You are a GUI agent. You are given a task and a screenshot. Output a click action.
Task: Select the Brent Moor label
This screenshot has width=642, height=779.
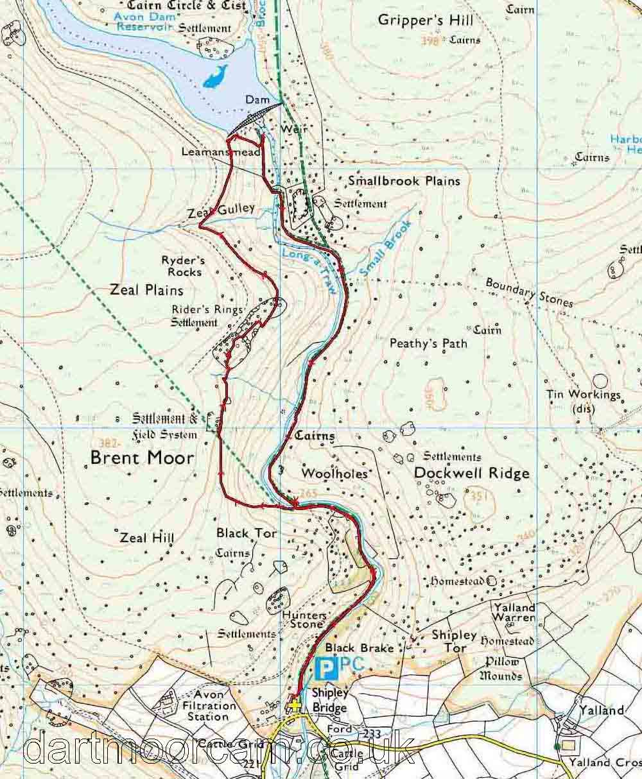pyautogui.click(x=141, y=458)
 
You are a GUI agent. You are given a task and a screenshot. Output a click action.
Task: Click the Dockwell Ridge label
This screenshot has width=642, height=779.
pyautogui.click(x=472, y=473)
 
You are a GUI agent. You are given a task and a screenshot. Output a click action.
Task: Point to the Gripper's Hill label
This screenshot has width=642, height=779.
pyautogui.click(x=425, y=20)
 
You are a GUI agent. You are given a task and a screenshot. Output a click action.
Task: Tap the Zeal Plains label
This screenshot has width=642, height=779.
pyautogui.click(x=146, y=290)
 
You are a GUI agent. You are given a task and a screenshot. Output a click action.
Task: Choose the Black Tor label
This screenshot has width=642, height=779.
pyautogui.click(x=247, y=533)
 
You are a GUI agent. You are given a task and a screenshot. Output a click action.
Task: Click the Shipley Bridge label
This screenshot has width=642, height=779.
pyautogui.click(x=329, y=700)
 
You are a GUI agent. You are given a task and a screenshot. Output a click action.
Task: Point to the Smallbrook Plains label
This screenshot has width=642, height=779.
pyautogui.click(x=404, y=181)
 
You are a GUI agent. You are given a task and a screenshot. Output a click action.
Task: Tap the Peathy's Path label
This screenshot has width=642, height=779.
pyautogui.click(x=428, y=344)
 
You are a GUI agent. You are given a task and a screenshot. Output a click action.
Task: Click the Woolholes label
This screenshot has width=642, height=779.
pyautogui.click(x=334, y=474)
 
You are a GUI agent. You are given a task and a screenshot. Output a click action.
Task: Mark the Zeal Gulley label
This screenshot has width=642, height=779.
pyautogui.click(x=221, y=209)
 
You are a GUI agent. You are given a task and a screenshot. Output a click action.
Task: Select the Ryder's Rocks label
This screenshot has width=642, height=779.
pyautogui.click(x=183, y=266)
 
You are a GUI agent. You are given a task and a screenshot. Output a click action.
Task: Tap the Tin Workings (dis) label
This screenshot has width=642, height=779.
pyautogui.click(x=583, y=401)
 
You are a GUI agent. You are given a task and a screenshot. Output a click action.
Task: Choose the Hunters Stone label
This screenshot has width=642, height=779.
pyautogui.click(x=304, y=619)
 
